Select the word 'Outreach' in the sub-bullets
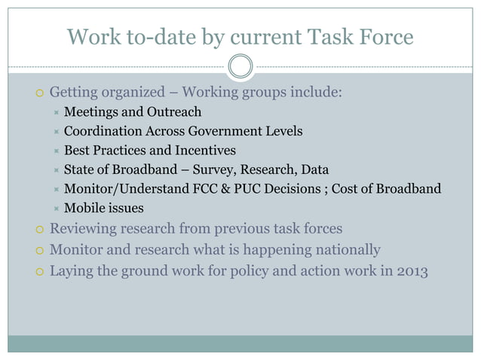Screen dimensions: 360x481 [x=176, y=112]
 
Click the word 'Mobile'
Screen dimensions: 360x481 [x=84, y=208]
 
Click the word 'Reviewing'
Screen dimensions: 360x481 [x=84, y=229]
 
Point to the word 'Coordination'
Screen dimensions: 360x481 [x=100, y=131]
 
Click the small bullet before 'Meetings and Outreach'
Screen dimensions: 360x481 [x=54, y=113]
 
